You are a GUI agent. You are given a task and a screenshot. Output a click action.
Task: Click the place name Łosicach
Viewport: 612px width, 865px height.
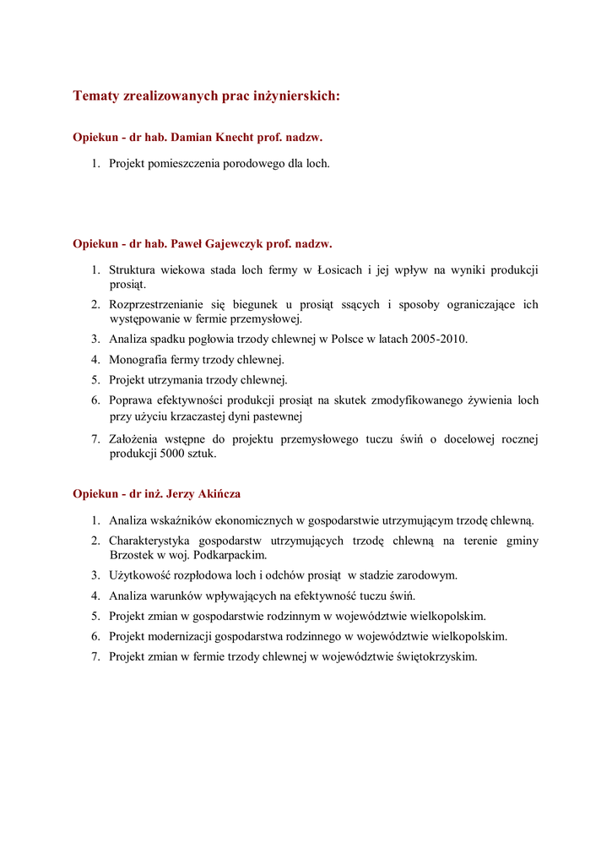tap(340, 270)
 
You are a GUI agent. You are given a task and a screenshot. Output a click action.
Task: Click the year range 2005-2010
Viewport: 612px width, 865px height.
tap(438, 339)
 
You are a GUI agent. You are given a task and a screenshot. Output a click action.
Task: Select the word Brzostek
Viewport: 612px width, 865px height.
tap(134, 555)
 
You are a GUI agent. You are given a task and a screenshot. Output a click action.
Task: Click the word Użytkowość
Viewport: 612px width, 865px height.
tap(141, 575)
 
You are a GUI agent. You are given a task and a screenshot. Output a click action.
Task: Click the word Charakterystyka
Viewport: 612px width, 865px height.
tap(149, 541)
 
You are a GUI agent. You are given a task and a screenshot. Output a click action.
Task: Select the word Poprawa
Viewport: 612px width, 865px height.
tap(131, 400)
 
